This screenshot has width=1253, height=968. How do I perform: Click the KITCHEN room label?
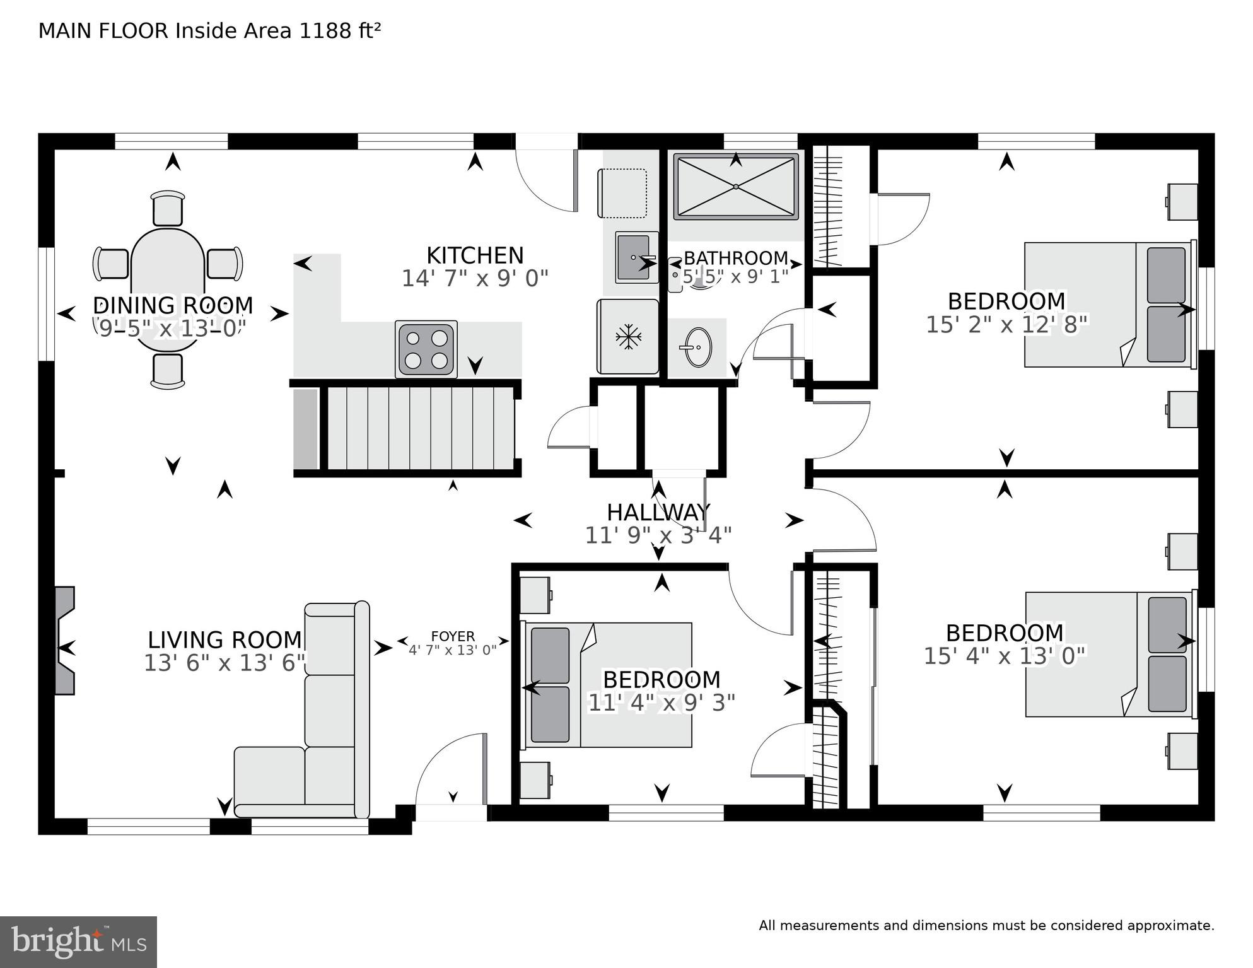(475, 255)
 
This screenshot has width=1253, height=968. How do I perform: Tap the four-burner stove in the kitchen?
(426, 349)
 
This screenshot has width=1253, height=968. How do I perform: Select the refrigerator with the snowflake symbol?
(628, 337)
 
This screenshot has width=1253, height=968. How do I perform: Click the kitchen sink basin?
(634, 257)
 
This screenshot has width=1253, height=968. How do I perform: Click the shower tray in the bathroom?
(736, 187)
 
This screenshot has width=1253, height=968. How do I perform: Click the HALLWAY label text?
(658, 512)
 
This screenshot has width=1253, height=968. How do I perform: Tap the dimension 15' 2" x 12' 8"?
(1006, 325)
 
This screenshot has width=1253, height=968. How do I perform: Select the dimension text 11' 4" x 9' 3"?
(661, 703)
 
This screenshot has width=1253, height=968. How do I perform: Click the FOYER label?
(453, 636)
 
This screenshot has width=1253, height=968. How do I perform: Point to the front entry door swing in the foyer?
(452, 769)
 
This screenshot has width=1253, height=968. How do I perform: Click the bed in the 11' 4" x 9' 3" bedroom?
(609, 685)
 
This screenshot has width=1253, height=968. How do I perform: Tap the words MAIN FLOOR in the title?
(103, 31)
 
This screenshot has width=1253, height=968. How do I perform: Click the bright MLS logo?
(78, 942)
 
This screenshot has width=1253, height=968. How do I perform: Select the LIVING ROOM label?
(225, 639)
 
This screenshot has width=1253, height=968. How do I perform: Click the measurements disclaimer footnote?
(986, 926)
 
